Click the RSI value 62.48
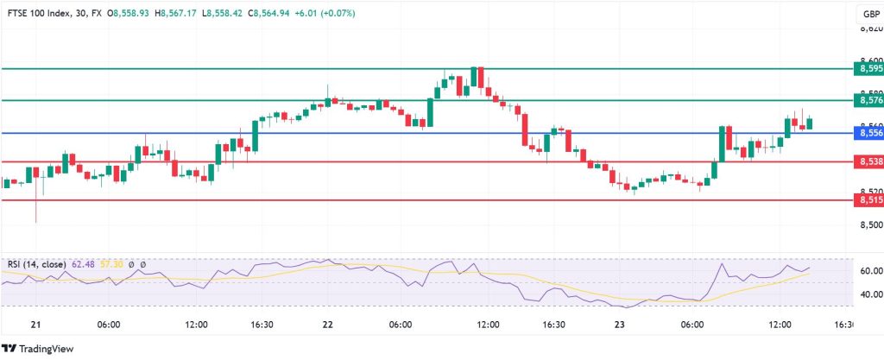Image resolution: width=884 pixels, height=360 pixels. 90,264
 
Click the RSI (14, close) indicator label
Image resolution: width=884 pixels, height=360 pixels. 38,264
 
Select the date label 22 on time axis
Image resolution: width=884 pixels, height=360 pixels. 328,325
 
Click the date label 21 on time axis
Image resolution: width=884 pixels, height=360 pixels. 36,325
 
